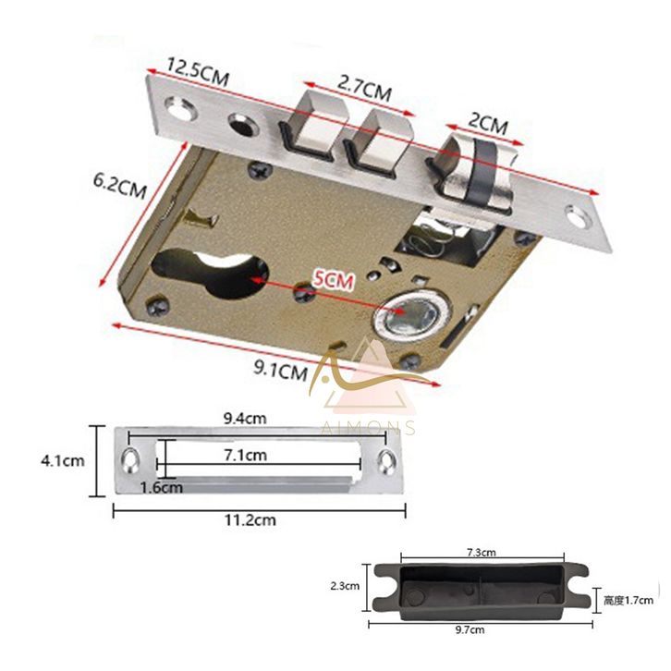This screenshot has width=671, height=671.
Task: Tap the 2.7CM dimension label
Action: coord(364,88)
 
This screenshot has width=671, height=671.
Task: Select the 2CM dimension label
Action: coord(488,123)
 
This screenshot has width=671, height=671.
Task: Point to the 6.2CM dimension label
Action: coord(120,186)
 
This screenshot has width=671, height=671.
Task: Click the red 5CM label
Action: coord(333,280)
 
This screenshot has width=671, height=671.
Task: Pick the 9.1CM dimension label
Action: coord(281,369)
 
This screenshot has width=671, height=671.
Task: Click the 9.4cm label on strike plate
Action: coord(245,418)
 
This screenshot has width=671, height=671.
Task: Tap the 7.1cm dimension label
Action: coord(246,455)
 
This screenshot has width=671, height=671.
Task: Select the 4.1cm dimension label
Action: coord(63,461)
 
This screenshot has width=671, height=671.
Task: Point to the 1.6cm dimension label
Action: coord(162,487)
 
